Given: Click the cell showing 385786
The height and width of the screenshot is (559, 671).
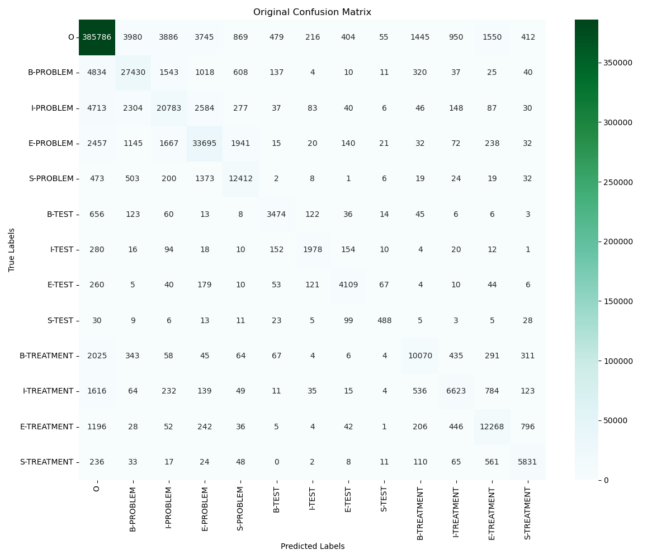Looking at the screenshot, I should [97, 37].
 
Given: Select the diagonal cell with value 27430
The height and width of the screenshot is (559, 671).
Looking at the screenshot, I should [133, 73].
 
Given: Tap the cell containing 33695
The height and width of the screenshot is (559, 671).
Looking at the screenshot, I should [205, 144].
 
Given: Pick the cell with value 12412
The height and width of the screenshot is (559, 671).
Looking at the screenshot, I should [240, 179].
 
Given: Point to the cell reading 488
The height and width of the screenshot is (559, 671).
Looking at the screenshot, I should [384, 320].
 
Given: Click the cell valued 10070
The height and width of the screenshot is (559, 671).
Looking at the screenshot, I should [420, 356].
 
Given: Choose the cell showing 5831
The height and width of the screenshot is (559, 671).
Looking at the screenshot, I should [527, 462].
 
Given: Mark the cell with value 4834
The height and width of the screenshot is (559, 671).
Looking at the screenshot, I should [97, 73].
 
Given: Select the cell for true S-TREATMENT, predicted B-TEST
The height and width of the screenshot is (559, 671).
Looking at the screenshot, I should [276, 462].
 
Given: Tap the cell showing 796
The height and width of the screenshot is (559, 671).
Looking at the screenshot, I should [527, 427].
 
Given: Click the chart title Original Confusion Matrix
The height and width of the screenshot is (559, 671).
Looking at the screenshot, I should [312, 12].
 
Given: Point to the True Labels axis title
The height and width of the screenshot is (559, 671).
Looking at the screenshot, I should [12, 250].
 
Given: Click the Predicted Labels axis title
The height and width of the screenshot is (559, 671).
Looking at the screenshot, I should [312, 546].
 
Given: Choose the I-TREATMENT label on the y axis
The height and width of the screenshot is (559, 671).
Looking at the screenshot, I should [48, 391].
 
